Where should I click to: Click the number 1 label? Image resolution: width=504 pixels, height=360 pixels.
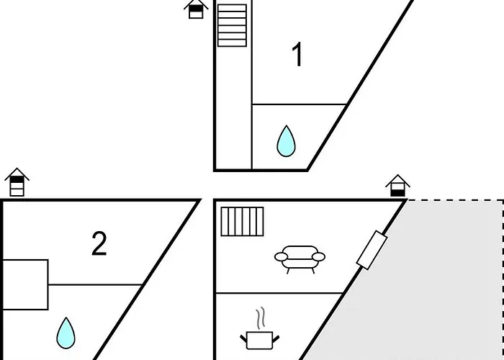pos(298,55)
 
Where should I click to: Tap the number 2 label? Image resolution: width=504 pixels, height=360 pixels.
pos(99,243)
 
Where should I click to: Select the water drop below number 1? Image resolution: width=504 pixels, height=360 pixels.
pos(286,141)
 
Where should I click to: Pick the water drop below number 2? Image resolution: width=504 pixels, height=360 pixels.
pos(66,333)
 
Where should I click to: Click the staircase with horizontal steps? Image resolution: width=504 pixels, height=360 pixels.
pos(232,25)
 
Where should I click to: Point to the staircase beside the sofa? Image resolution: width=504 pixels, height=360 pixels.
pos(243,222)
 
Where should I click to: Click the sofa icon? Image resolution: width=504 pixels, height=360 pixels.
pos(300,259)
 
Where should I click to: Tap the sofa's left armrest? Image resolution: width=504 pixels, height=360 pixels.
pos(281,257)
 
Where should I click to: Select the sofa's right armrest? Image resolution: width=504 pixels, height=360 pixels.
pos(318,257)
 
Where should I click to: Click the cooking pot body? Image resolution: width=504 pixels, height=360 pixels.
pos(259,341)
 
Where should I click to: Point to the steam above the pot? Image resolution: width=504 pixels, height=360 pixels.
pos(261,318)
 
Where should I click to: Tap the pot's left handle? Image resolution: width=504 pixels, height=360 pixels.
pos(243,339)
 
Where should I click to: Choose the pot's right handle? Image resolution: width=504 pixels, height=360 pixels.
pos(276,339)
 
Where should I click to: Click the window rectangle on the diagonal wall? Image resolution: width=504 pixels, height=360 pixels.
pos(372,250)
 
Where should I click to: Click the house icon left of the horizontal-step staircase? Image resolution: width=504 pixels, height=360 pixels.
pos(196,9)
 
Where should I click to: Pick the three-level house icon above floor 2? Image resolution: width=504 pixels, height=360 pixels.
pos(17,182)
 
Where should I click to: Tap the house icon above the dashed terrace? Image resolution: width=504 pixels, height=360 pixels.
pos(397,186)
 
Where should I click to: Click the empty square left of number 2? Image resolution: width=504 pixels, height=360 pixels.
pos(25,285)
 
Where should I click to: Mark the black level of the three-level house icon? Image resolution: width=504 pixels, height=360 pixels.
pos(17,179)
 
